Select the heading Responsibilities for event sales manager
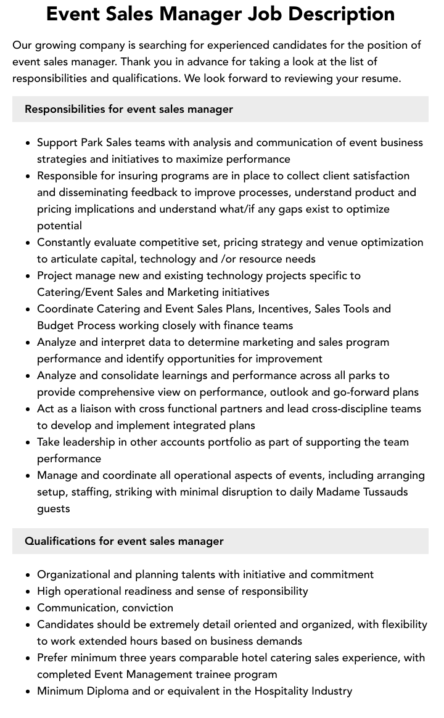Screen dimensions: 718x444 [129, 109]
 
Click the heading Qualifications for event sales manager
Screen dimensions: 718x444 [124, 541]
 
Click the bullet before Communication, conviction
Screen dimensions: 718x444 [28, 608]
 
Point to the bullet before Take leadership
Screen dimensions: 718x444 [28, 442]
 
